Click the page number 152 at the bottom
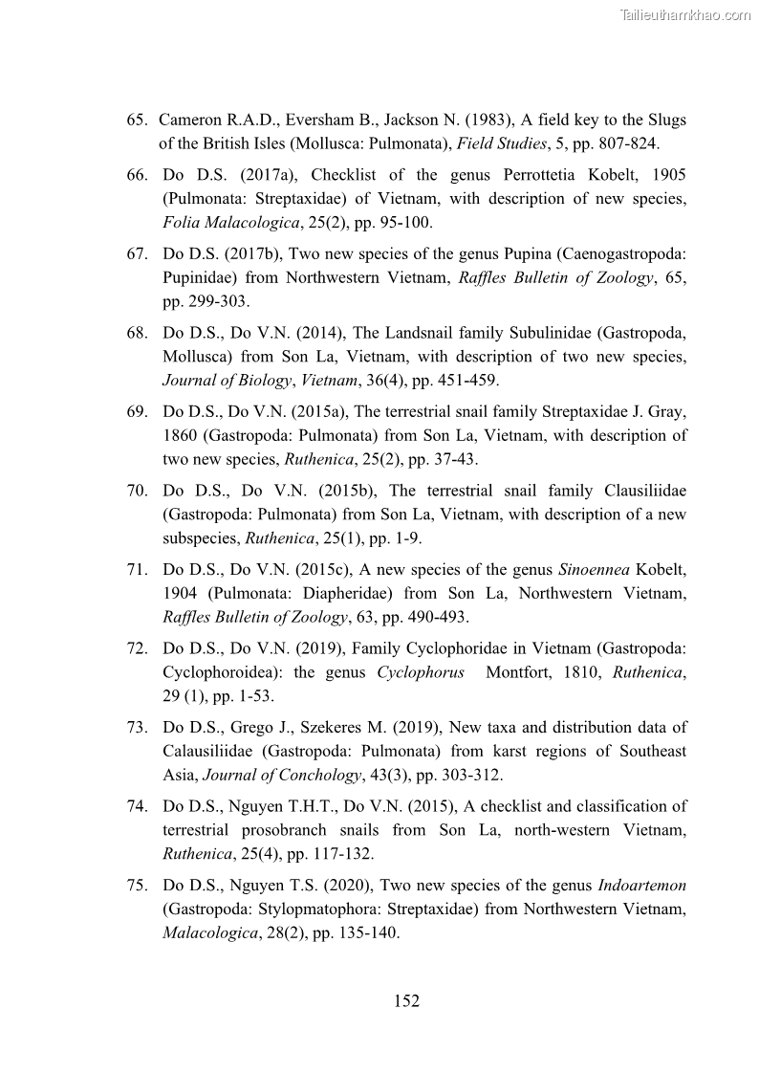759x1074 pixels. (x=406, y=1001)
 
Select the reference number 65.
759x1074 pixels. (x=138, y=121)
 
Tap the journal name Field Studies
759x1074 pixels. (x=501, y=143)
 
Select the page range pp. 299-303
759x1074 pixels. (x=205, y=301)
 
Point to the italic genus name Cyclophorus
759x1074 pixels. (x=421, y=672)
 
